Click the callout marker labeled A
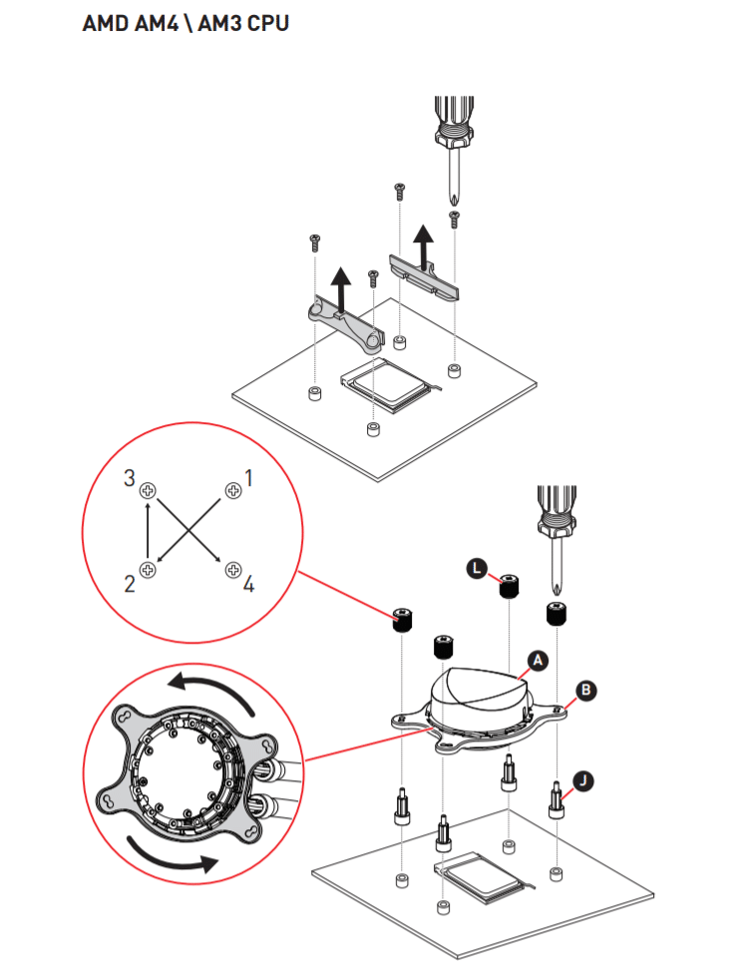pyautogui.click(x=538, y=660)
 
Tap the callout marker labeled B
pyautogui.click(x=586, y=689)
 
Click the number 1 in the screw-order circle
pyautogui.click(x=249, y=478)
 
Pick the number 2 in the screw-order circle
pyautogui.click(x=129, y=584)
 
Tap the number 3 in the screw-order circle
pyautogui.click(x=129, y=478)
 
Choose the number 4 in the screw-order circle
pyautogui.click(x=249, y=584)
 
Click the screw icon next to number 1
pyautogui.click(x=232, y=490)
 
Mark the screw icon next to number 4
pyautogui.click(x=232, y=570)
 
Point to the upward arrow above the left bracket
pyautogui.click(x=342, y=290)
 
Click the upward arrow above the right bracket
pyautogui.click(x=425, y=245)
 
